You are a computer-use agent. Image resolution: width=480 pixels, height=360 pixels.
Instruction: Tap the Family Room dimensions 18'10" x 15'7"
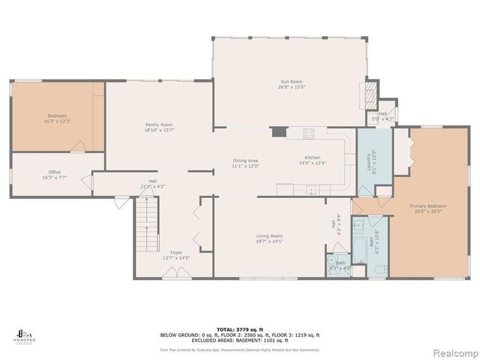point(159,130)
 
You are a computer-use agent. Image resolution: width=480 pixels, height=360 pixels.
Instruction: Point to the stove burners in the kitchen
point(307,134)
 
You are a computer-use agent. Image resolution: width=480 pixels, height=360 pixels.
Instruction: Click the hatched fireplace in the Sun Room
point(368,95)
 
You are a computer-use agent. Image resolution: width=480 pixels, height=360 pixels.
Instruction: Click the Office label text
point(55,172)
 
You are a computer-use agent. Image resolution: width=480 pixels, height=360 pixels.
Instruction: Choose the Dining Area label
point(245,160)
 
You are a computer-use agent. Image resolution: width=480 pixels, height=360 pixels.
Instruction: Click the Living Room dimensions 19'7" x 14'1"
point(272,241)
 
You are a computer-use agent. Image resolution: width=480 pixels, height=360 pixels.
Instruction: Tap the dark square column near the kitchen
point(279,132)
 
